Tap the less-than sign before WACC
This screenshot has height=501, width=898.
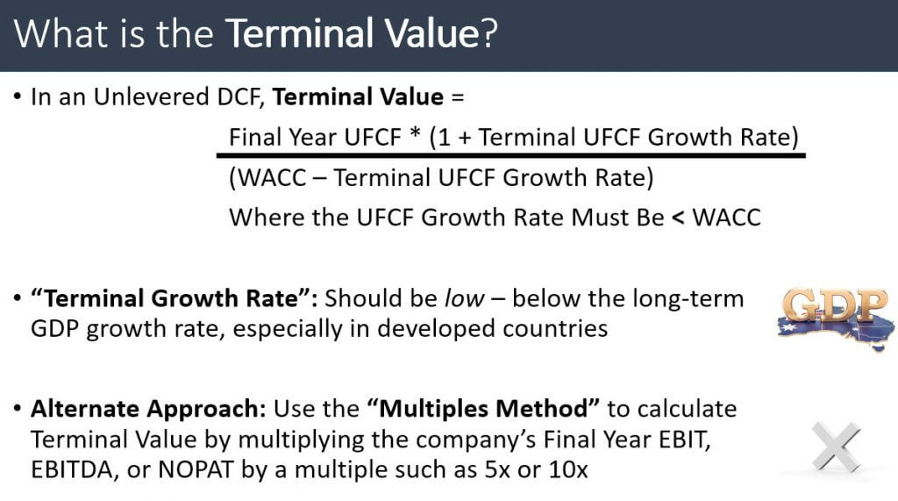click(677, 217)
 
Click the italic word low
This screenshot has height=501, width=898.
click(463, 298)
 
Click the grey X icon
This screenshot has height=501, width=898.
click(835, 445)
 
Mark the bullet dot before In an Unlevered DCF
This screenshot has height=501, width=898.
click(18, 98)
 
